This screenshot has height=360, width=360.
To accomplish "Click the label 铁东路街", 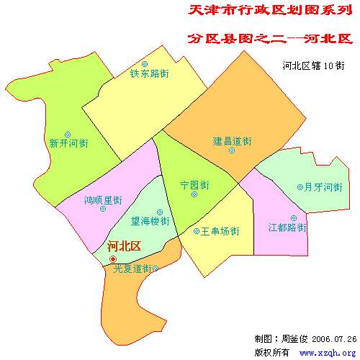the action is pyautogui.click(x=150, y=73).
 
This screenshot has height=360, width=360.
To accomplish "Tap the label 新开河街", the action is pyautogui.click(x=68, y=143).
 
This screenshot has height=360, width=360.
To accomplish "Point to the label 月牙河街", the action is pyautogui.click(x=323, y=187).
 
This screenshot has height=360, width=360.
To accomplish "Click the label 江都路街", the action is pyautogui.click(x=287, y=228).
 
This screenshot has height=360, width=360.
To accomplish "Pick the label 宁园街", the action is pyautogui.click(x=194, y=184).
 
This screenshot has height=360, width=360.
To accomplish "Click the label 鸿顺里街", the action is pyautogui.click(x=103, y=199).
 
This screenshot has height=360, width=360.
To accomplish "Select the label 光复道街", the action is pyautogui.click(x=132, y=269).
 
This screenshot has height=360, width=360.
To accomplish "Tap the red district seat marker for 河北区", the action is pyautogui.click(x=112, y=258).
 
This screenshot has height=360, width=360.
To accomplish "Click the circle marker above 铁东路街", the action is pyautogui.click(x=145, y=63).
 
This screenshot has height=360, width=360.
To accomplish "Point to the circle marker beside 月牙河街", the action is pyautogui.click(x=300, y=187).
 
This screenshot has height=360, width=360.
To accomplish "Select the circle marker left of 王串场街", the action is pyautogui.click(x=197, y=232).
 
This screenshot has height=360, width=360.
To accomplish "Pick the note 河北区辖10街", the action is pyautogui.click(x=314, y=65).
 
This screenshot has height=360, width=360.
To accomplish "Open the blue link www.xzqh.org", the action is pyautogui.click(x=327, y=353).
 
